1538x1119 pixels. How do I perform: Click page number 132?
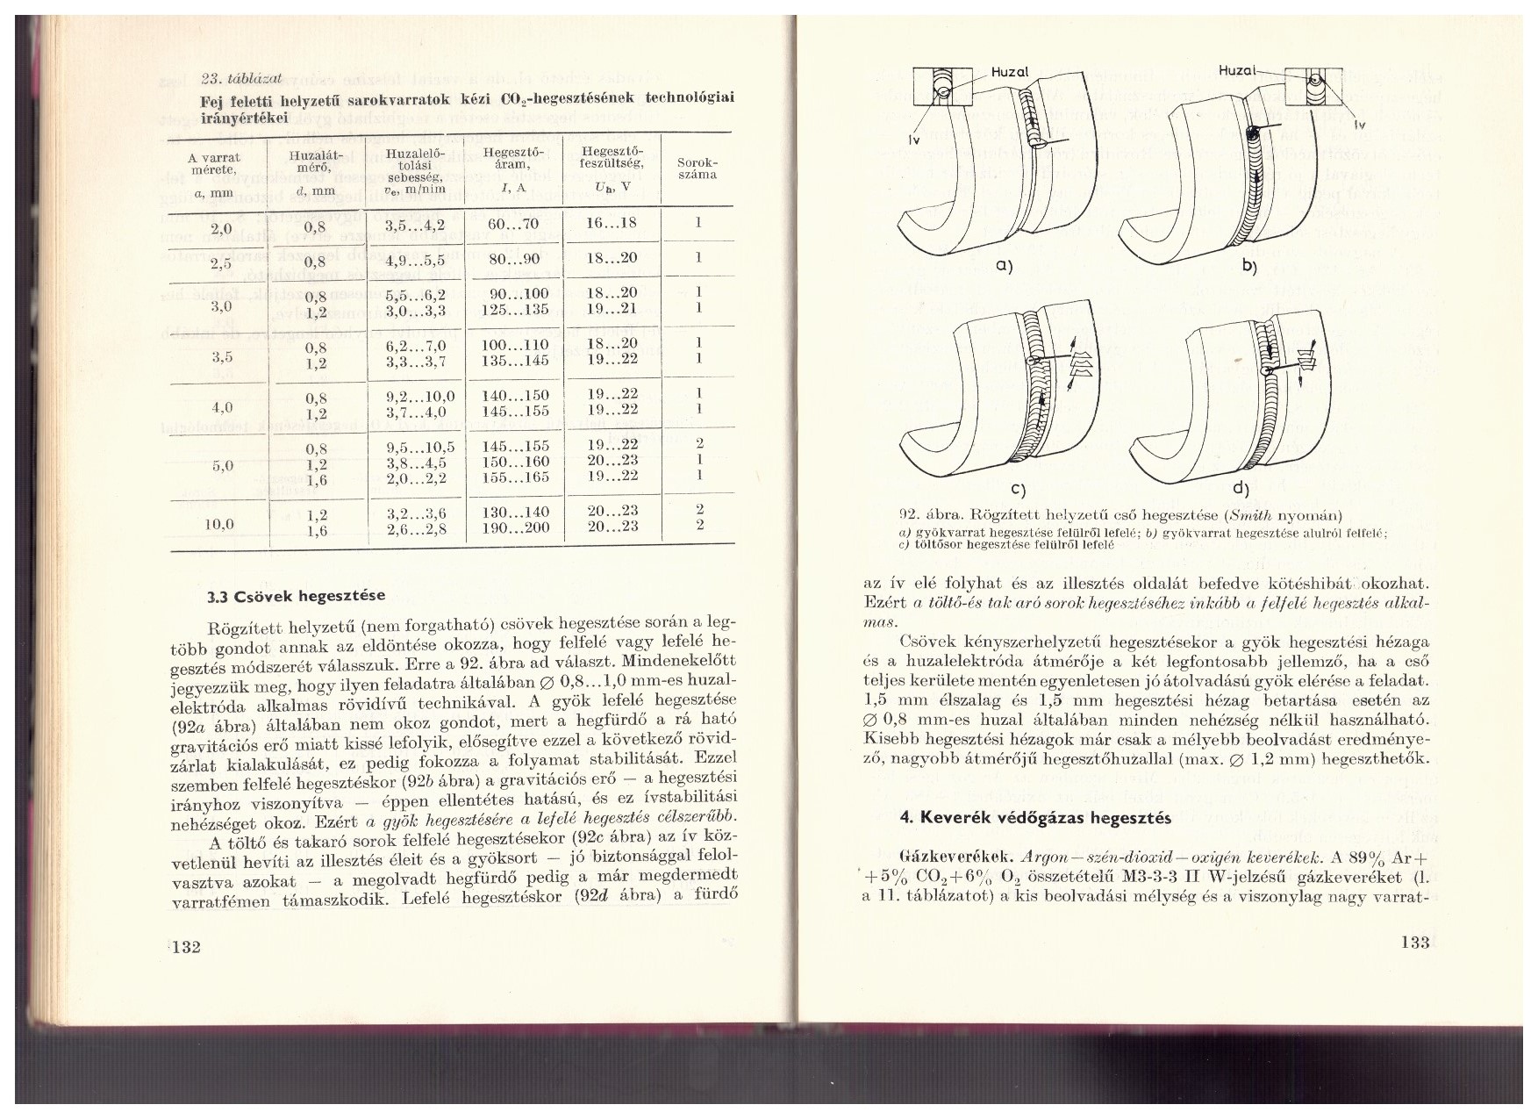click(x=189, y=946)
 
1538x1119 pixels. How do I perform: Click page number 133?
click(x=1415, y=943)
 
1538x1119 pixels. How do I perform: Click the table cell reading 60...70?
click(x=513, y=224)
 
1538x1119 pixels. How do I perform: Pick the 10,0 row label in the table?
click(x=218, y=525)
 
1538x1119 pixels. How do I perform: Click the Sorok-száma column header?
click(x=697, y=169)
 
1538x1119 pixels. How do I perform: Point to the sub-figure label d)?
click(x=1241, y=488)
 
